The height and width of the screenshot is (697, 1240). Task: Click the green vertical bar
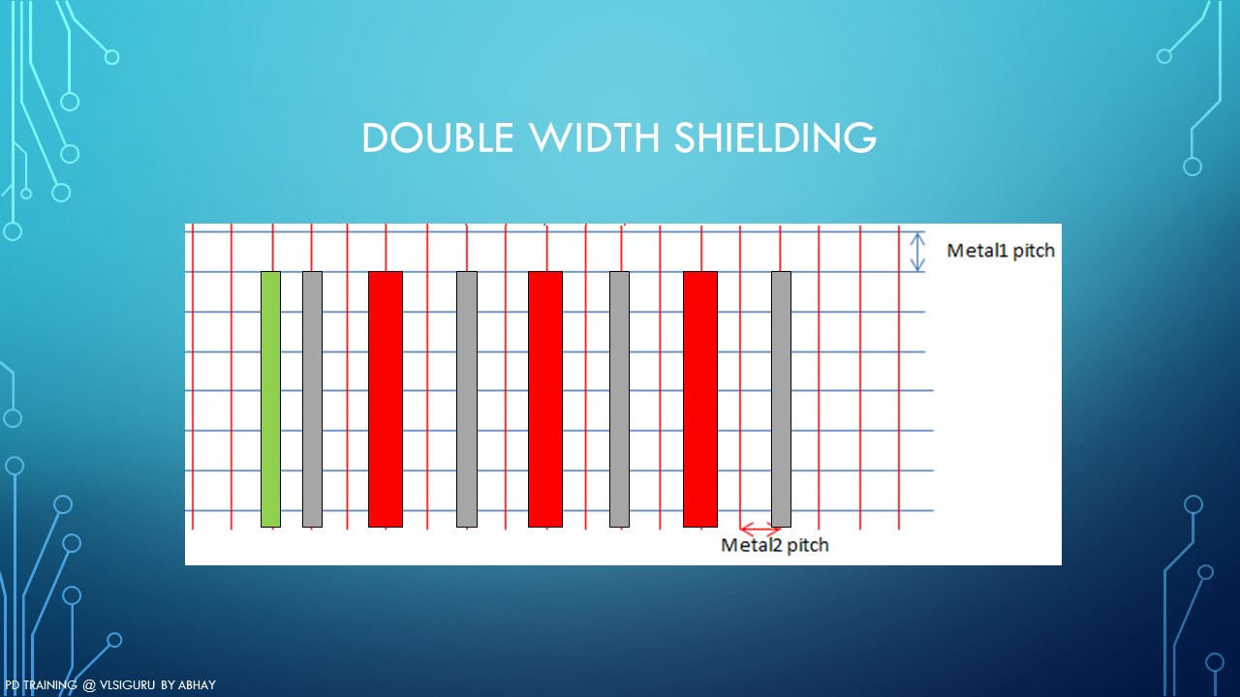coord(270,399)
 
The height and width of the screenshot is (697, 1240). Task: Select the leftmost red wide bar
coord(386,399)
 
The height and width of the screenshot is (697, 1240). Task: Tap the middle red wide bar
coord(545,399)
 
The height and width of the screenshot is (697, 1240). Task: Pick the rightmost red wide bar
coord(700,399)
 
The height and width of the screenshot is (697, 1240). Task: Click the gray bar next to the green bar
coord(312,399)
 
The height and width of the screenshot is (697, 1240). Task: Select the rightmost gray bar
coord(781,399)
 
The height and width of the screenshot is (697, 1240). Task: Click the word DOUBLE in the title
coord(438,137)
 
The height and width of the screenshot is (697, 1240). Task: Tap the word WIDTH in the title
coord(596,137)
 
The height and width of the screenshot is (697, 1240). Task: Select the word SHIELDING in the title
coord(776,137)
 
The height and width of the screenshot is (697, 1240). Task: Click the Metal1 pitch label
coord(1001,251)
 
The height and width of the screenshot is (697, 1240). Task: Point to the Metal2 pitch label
coord(775,545)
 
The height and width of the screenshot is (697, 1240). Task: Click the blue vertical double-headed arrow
coord(917,252)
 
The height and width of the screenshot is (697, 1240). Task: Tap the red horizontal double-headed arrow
coord(760,529)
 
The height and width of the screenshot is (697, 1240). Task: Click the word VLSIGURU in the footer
coord(127,685)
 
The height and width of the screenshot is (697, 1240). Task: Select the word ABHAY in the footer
coord(197,685)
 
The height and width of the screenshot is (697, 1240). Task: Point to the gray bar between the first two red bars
coord(467,399)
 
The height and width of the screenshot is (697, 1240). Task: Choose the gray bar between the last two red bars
coord(619,399)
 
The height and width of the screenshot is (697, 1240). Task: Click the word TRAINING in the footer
coord(50,685)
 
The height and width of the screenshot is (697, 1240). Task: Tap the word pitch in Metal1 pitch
coord(1034,252)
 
